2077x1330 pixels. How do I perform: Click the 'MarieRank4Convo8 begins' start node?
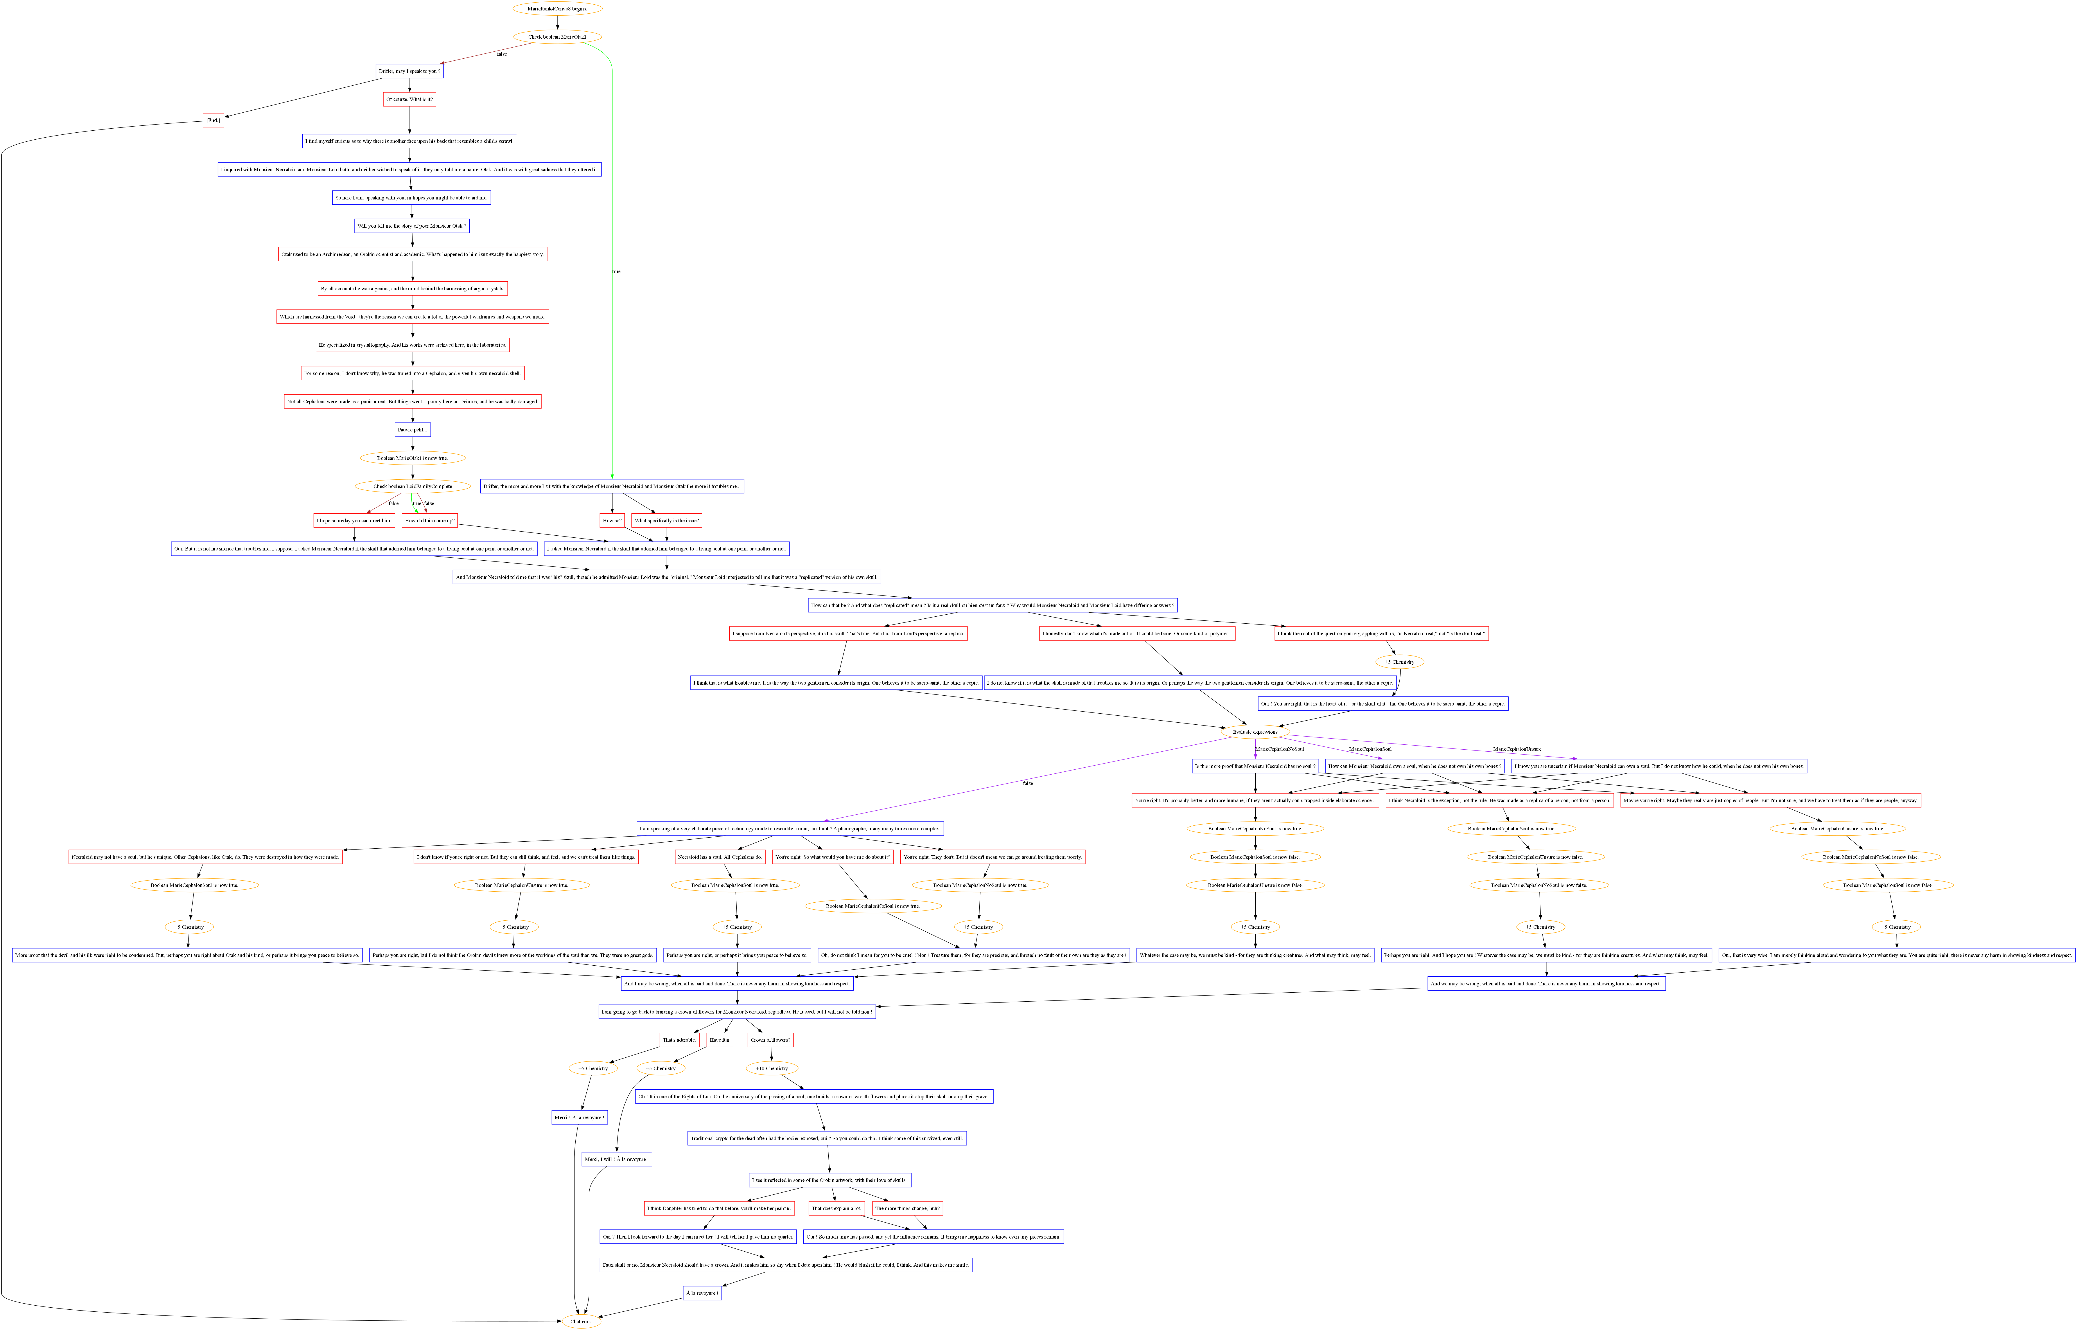coord(557,9)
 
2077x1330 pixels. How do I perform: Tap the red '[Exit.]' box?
coord(213,120)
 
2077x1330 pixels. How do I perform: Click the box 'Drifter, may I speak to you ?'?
coord(410,71)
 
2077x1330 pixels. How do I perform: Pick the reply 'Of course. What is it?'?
coord(410,99)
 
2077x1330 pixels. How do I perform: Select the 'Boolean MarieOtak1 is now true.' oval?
coord(412,458)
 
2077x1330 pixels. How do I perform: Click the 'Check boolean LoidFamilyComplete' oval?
coord(412,486)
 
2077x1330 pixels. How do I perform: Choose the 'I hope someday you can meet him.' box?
coord(354,521)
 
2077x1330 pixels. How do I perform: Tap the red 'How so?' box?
coord(613,521)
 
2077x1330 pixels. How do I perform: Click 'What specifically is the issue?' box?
coord(666,521)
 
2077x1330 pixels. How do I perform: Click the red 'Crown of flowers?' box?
coord(771,1040)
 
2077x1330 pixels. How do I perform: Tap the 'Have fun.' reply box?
coord(720,1040)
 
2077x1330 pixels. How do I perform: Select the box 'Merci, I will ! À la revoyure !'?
coord(617,1159)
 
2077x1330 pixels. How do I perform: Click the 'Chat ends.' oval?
coord(581,1321)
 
